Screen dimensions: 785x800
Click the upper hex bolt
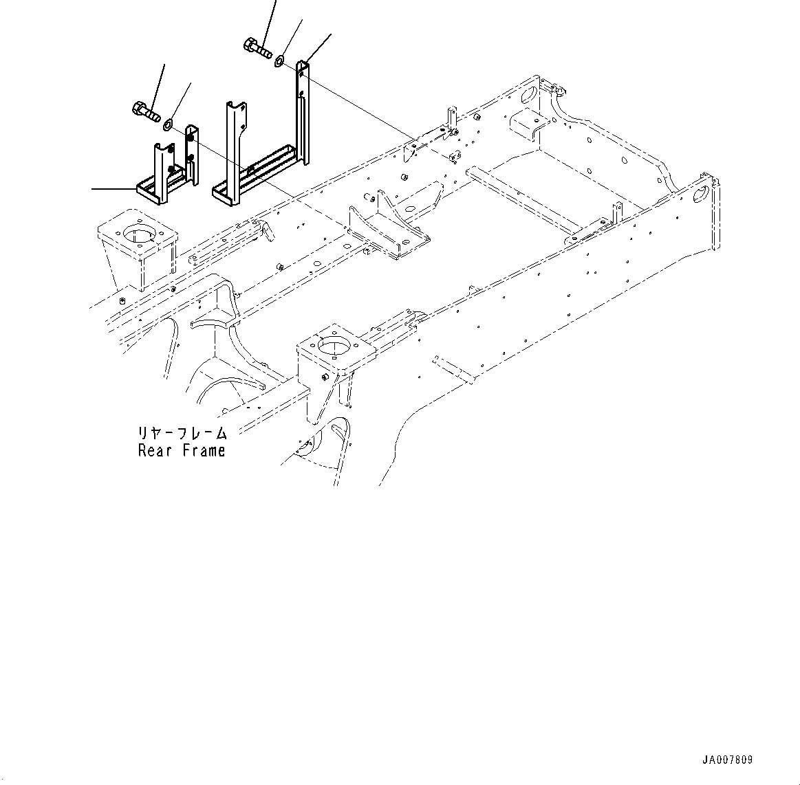click(257, 48)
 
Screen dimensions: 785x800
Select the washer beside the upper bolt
click(279, 62)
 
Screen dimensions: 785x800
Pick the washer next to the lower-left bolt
click(167, 124)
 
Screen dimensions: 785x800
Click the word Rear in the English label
click(156, 451)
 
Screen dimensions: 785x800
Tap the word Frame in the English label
click(204, 451)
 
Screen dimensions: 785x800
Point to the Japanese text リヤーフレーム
click(182, 433)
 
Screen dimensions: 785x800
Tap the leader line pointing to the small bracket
click(113, 188)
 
